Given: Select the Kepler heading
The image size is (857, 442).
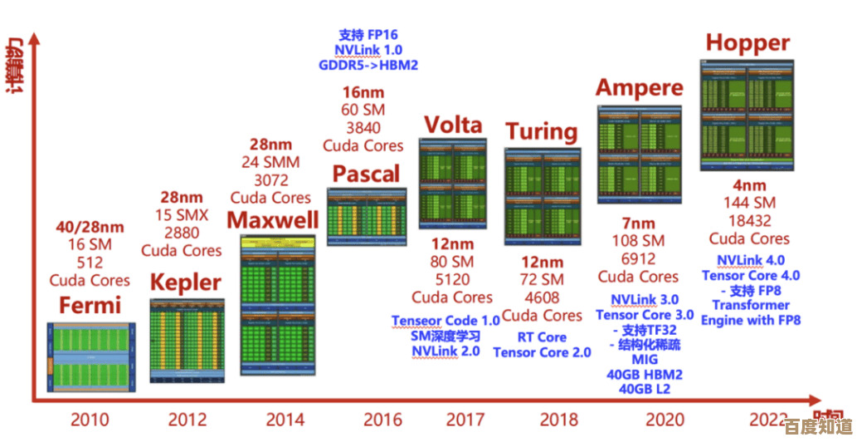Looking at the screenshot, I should (x=186, y=282).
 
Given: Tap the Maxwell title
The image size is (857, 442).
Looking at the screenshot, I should (x=273, y=220).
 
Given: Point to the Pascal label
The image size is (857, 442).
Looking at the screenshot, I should (x=366, y=174).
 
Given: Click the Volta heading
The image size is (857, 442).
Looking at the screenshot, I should (x=453, y=125).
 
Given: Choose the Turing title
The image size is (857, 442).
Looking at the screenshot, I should (x=542, y=131).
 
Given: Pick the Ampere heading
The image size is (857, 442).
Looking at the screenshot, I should (x=640, y=87).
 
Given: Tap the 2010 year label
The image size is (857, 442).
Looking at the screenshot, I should (x=90, y=420).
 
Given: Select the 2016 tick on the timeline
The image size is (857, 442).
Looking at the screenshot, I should (x=366, y=420).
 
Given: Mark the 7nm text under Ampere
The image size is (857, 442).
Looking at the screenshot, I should (x=638, y=223).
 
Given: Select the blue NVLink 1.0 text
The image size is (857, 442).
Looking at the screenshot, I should (x=368, y=50).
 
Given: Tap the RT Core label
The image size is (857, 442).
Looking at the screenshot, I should (x=542, y=337).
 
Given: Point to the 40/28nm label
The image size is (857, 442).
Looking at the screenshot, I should (x=90, y=227).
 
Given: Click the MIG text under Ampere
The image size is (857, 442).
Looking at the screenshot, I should (x=644, y=360).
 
